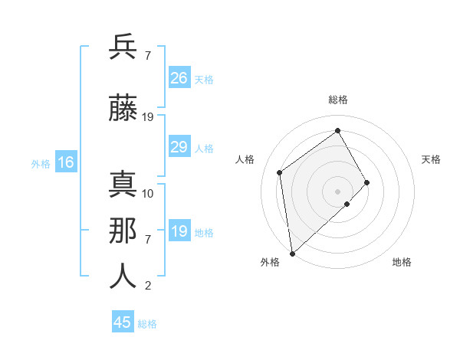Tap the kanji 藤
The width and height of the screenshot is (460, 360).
click(123, 109)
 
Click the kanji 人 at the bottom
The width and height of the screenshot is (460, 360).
click(123, 277)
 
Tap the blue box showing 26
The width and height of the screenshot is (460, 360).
click(179, 78)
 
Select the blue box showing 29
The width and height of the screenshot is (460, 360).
click(179, 147)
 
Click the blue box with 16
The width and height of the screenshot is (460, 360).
click(65, 162)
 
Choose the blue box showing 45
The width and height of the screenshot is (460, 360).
click(123, 322)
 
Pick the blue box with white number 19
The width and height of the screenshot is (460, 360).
click(179, 231)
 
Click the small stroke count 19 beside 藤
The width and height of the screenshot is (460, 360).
click(148, 117)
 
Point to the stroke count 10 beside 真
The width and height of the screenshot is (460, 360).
click(148, 193)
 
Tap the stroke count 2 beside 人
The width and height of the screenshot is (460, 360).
click(147, 286)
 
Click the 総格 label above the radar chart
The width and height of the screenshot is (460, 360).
click(337, 100)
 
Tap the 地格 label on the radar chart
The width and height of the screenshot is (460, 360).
click(402, 262)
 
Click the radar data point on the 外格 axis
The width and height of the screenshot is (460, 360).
click(291, 253)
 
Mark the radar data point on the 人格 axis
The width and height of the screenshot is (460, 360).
click(280, 172)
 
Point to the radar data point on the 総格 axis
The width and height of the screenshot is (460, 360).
click(337, 130)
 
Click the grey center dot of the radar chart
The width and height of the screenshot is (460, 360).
click(337, 191)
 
